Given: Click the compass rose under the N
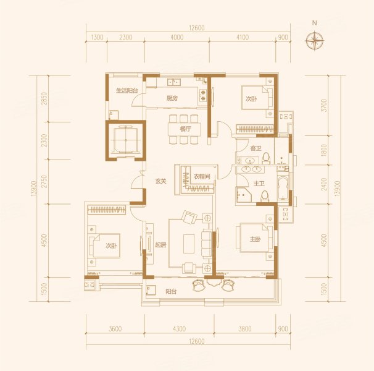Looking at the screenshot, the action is tap(314, 40).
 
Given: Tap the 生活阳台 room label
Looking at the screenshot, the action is tap(127, 91).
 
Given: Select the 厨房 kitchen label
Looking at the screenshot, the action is tap(172, 98).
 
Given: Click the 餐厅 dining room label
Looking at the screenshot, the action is tap(185, 129).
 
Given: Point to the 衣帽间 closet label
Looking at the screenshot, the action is tap(202, 177).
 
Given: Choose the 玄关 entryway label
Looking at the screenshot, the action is tap(160, 181).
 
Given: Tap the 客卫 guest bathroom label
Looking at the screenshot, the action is tap(256, 148).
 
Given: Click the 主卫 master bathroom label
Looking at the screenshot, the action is tap(259, 184).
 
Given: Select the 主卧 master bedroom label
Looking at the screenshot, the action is tap(256, 239).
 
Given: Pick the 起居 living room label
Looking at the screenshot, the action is tap(160, 245).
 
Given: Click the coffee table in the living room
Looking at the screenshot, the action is tap(189, 244).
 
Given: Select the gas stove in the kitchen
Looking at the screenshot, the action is tap(203, 95).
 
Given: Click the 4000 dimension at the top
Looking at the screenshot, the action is tap(177, 37).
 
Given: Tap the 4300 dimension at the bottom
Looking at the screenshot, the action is tap(179, 329).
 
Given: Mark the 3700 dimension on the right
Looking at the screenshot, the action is tap(323, 105).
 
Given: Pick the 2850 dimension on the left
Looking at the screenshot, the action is tap(44, 98).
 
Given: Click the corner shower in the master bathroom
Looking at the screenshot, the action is tap(243, 195).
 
